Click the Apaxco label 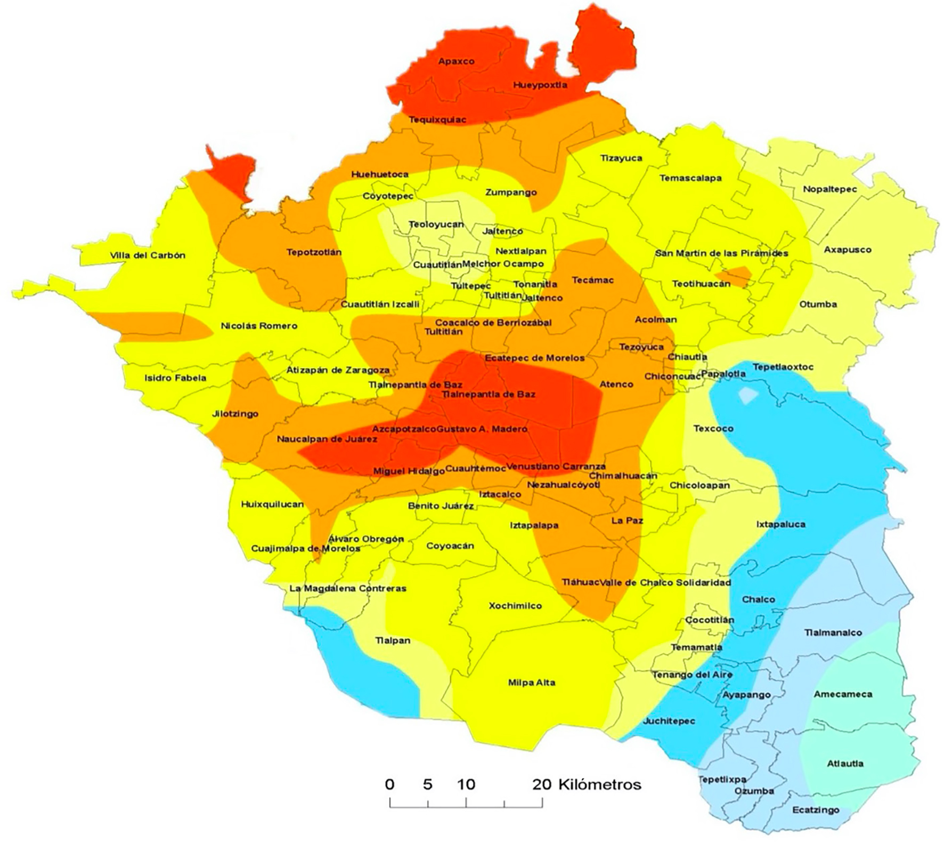[456, 61]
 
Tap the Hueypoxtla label [540, 85]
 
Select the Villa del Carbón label [148, 255]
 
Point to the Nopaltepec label [829, 189]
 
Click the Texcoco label [713, 428]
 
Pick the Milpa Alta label [531, 683]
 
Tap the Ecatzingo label [815, 810]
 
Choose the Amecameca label [842, 694]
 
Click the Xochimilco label [515, 606]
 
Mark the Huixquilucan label [272, 504]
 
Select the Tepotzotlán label [314, 252]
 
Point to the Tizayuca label [621, 158]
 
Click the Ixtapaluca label [780, 524]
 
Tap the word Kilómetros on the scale [599, 784]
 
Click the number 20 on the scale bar [542, 784]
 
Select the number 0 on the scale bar [389, 784]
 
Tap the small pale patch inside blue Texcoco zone [748, 395]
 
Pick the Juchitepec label [669, 721]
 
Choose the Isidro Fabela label [175, 378]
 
